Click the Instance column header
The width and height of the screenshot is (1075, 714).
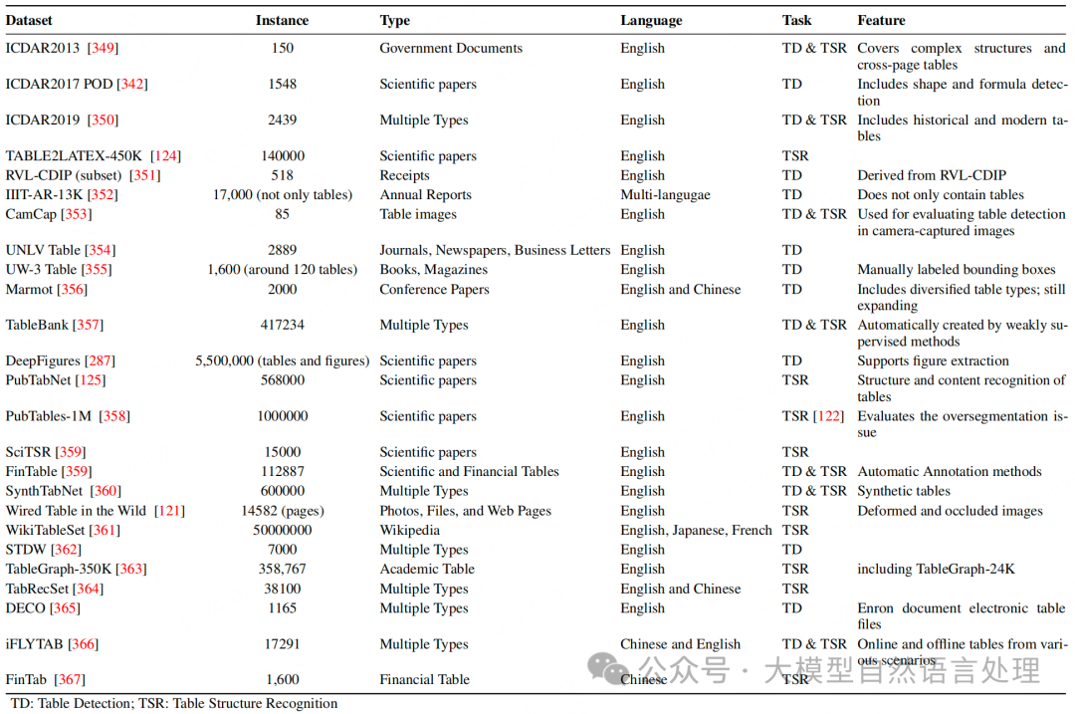click(x=282, y=20)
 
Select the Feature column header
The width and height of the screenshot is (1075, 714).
click(x=881, y=20)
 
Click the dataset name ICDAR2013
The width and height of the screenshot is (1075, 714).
click(x=45, y=48)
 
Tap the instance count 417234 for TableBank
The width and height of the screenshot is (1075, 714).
click(x=282, y=325)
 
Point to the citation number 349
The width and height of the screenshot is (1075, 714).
click(x=103, y=48)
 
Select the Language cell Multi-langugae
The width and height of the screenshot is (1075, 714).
click(x=665, y=195)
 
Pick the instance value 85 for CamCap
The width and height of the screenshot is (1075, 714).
click(x=282, y=214)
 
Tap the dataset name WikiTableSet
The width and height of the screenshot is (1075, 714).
click(x=46, y=530)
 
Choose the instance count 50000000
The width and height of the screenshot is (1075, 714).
click(x=282, y=530)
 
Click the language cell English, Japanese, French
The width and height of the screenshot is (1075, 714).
click(x=696, y=530)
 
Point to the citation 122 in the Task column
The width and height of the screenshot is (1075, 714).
click(x=828, y=416)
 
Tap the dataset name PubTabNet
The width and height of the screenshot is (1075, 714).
click(x=41, y=380)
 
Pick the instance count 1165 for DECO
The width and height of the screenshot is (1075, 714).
click(x=282, y=607)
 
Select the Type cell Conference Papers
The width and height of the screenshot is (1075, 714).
click(x=434, y=289)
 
